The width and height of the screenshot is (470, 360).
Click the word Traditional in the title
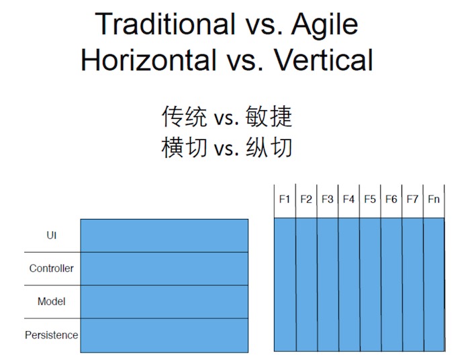(x=165, y=24)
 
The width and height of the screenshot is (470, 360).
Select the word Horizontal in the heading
(x=148, y=60)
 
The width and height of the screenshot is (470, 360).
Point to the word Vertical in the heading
(x=324, y=60)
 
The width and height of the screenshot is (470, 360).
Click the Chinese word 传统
(x=185, y=116)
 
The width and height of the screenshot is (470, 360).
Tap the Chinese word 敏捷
(x=269, y=116)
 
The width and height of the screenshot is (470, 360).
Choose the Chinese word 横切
(x=185, y=147)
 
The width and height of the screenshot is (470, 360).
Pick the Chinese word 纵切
(x=269, y=147)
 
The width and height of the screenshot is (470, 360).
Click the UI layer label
(x=52, y=235)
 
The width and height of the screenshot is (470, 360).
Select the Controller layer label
(x=52, y=268)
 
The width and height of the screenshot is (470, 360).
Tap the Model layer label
(x=52, y=302)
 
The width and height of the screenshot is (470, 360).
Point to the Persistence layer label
(x=52, y=335)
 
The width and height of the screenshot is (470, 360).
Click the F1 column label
(x=285, y=199)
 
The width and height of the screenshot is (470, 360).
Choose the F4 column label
(x=348, y=199)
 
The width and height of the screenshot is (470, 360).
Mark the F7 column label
(x=412, y=199)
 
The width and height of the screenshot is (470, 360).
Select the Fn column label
(x=434, y=199)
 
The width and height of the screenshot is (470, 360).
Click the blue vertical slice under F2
(x=306, y=285)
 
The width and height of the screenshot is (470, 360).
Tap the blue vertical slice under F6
(x=391, y=285)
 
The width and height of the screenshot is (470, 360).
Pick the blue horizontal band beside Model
(x=164, y=302)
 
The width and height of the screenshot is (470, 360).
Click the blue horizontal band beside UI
(x=164, y=236)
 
